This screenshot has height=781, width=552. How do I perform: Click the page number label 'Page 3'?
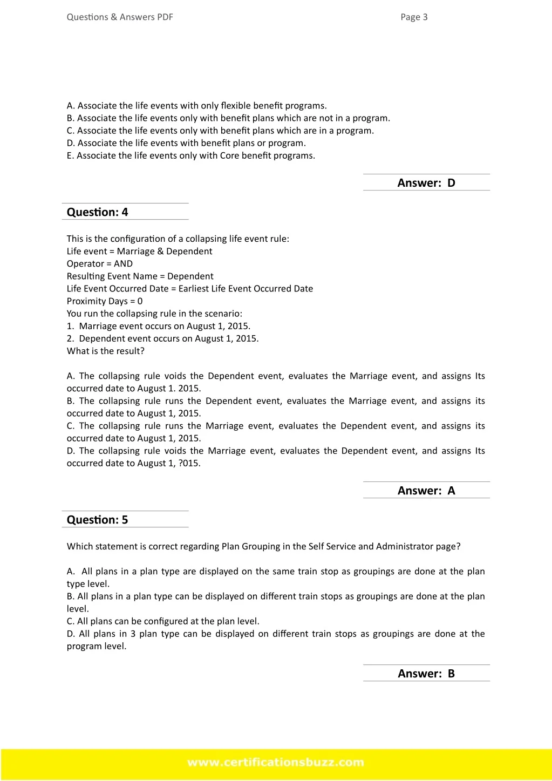click(x=414, y=17)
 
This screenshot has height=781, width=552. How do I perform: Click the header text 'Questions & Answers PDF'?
click(x=120, y=17)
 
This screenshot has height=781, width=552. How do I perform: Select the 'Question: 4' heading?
click(x=98, y=212)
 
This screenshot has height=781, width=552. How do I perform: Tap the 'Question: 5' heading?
click(x=98, y=520)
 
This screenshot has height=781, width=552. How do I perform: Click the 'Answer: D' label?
click(x=426, y=183)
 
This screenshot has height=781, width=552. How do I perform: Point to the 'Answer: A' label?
click(x=426, y=491)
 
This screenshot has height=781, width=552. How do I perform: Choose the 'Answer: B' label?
click(x=426, y=674)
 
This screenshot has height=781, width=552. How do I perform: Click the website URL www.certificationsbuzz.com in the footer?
click(x=276, y=763)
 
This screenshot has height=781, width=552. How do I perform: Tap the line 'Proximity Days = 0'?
click(x=105, y=301)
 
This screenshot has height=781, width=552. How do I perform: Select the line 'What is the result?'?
click(x=106, y=351)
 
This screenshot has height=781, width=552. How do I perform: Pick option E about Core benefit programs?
click(x=191, y=156)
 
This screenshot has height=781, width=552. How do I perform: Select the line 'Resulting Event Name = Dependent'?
click(x=140, y=276)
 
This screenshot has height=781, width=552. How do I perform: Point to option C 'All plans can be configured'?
click(x=163, y=621)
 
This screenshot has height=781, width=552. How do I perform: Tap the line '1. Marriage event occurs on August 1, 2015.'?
click(x=159, y=327)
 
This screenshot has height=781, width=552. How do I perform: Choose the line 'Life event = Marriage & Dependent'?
click(x=139, y=252)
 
